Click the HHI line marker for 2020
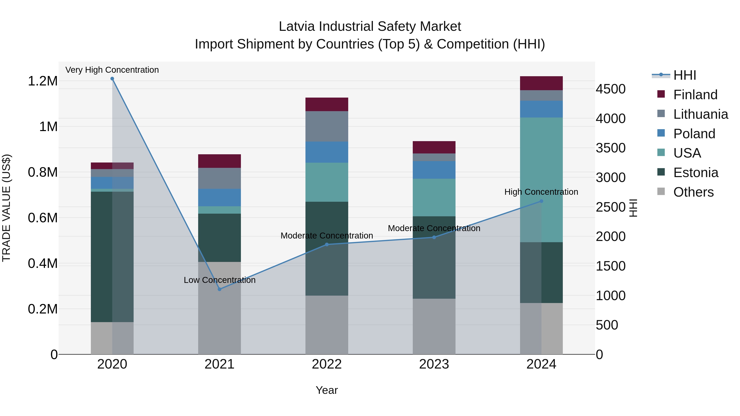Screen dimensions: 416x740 (112, 79)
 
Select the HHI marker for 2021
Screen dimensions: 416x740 (220, 289)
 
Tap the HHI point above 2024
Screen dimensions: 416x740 (541, 201)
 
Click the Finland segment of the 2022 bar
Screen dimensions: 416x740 (327, 104)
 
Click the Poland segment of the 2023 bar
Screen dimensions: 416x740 (434, 170)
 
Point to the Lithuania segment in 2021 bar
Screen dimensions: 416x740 (220, 178)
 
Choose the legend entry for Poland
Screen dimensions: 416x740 (694, 134)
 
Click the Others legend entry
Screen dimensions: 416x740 (693, 192)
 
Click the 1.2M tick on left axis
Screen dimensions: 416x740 (43, 81)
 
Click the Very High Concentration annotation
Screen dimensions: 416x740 (112, 70)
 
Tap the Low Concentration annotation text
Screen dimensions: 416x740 (220, 280)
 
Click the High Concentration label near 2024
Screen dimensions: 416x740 (541, 192)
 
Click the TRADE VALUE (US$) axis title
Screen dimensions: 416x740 (6, 208)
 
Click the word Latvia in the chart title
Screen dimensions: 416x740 (297, 27)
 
